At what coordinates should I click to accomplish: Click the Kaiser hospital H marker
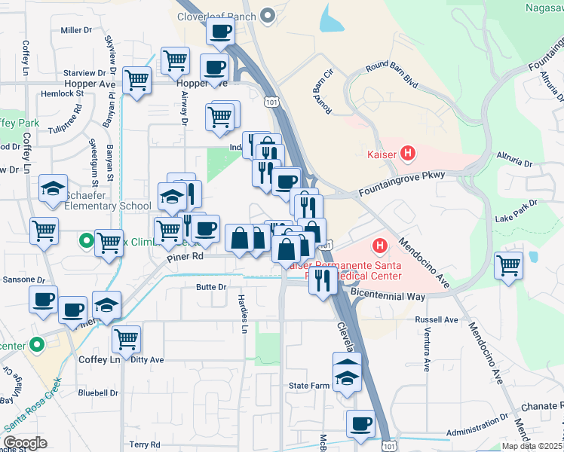pyautogui.click(x=408, y=154)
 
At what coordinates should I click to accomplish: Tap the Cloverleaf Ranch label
pyautogui.click(x=216, y=15)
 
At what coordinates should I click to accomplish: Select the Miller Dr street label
pyautogui.click(x=75, y=30)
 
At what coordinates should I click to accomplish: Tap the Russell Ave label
pyautogui.click(x=436, y=319)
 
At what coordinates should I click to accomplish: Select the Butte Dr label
pyautogui.click(x=211, y=287)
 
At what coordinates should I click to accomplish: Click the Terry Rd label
pyautogui.click(x=144, y=445)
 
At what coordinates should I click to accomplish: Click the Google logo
pyautogui.click(x=25, y=443)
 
